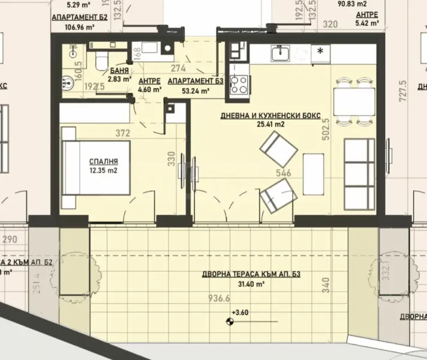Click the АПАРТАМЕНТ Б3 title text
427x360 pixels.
(188, 82)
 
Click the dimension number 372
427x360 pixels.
(123, 133)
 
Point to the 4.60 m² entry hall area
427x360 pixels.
(149, 90)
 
